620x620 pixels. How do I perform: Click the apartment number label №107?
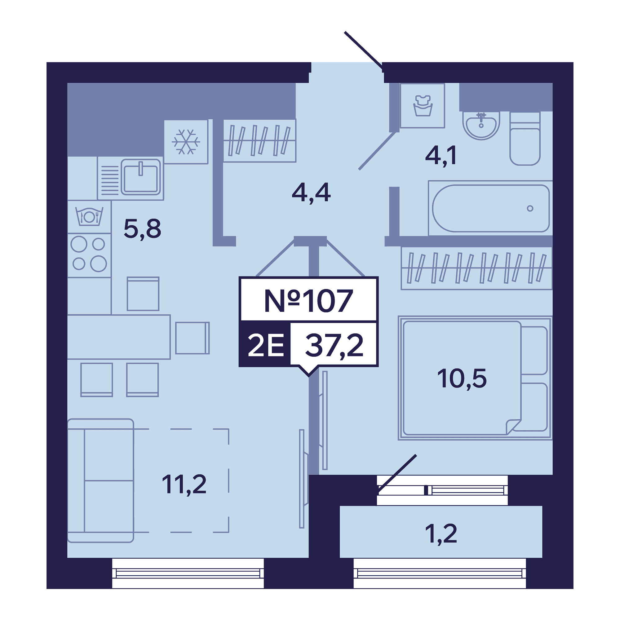[308, 301]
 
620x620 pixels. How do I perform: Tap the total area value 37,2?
[334, 345]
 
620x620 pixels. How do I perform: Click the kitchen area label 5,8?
[142, 229]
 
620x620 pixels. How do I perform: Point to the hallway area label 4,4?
[311, 193]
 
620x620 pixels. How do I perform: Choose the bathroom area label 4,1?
[441, 156]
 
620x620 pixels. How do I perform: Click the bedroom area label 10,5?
[462, 379]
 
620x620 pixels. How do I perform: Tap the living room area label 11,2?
[184, 485]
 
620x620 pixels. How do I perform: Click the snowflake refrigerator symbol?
[186, 142]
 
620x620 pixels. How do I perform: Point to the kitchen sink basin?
[140, 177]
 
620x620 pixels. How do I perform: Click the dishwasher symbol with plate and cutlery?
[89, 217]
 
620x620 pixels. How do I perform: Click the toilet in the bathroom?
[525, 139]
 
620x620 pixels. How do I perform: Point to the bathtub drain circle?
[530, 209]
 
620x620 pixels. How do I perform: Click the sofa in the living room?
[100, 481]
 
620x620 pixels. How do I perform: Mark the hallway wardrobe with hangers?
[259, 140]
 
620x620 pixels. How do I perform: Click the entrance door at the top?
[364, 51]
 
